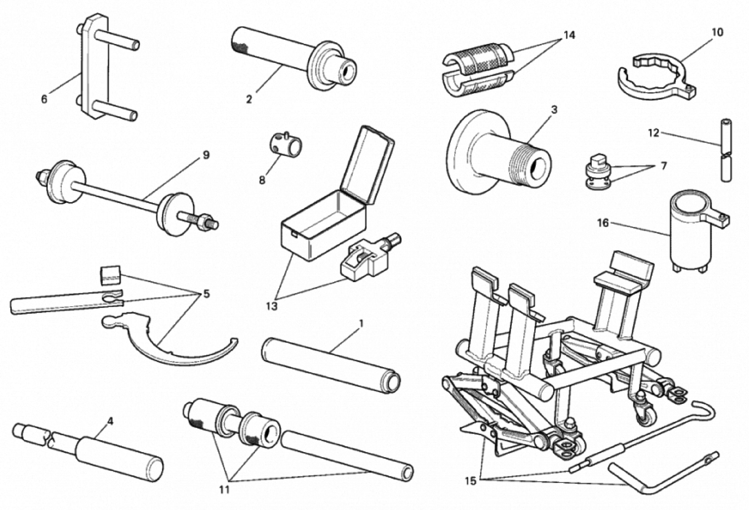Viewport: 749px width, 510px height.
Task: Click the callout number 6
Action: pos(44,99)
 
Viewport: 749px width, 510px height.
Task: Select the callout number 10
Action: pos(717,32)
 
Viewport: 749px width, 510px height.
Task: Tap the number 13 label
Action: pos(272,306)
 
